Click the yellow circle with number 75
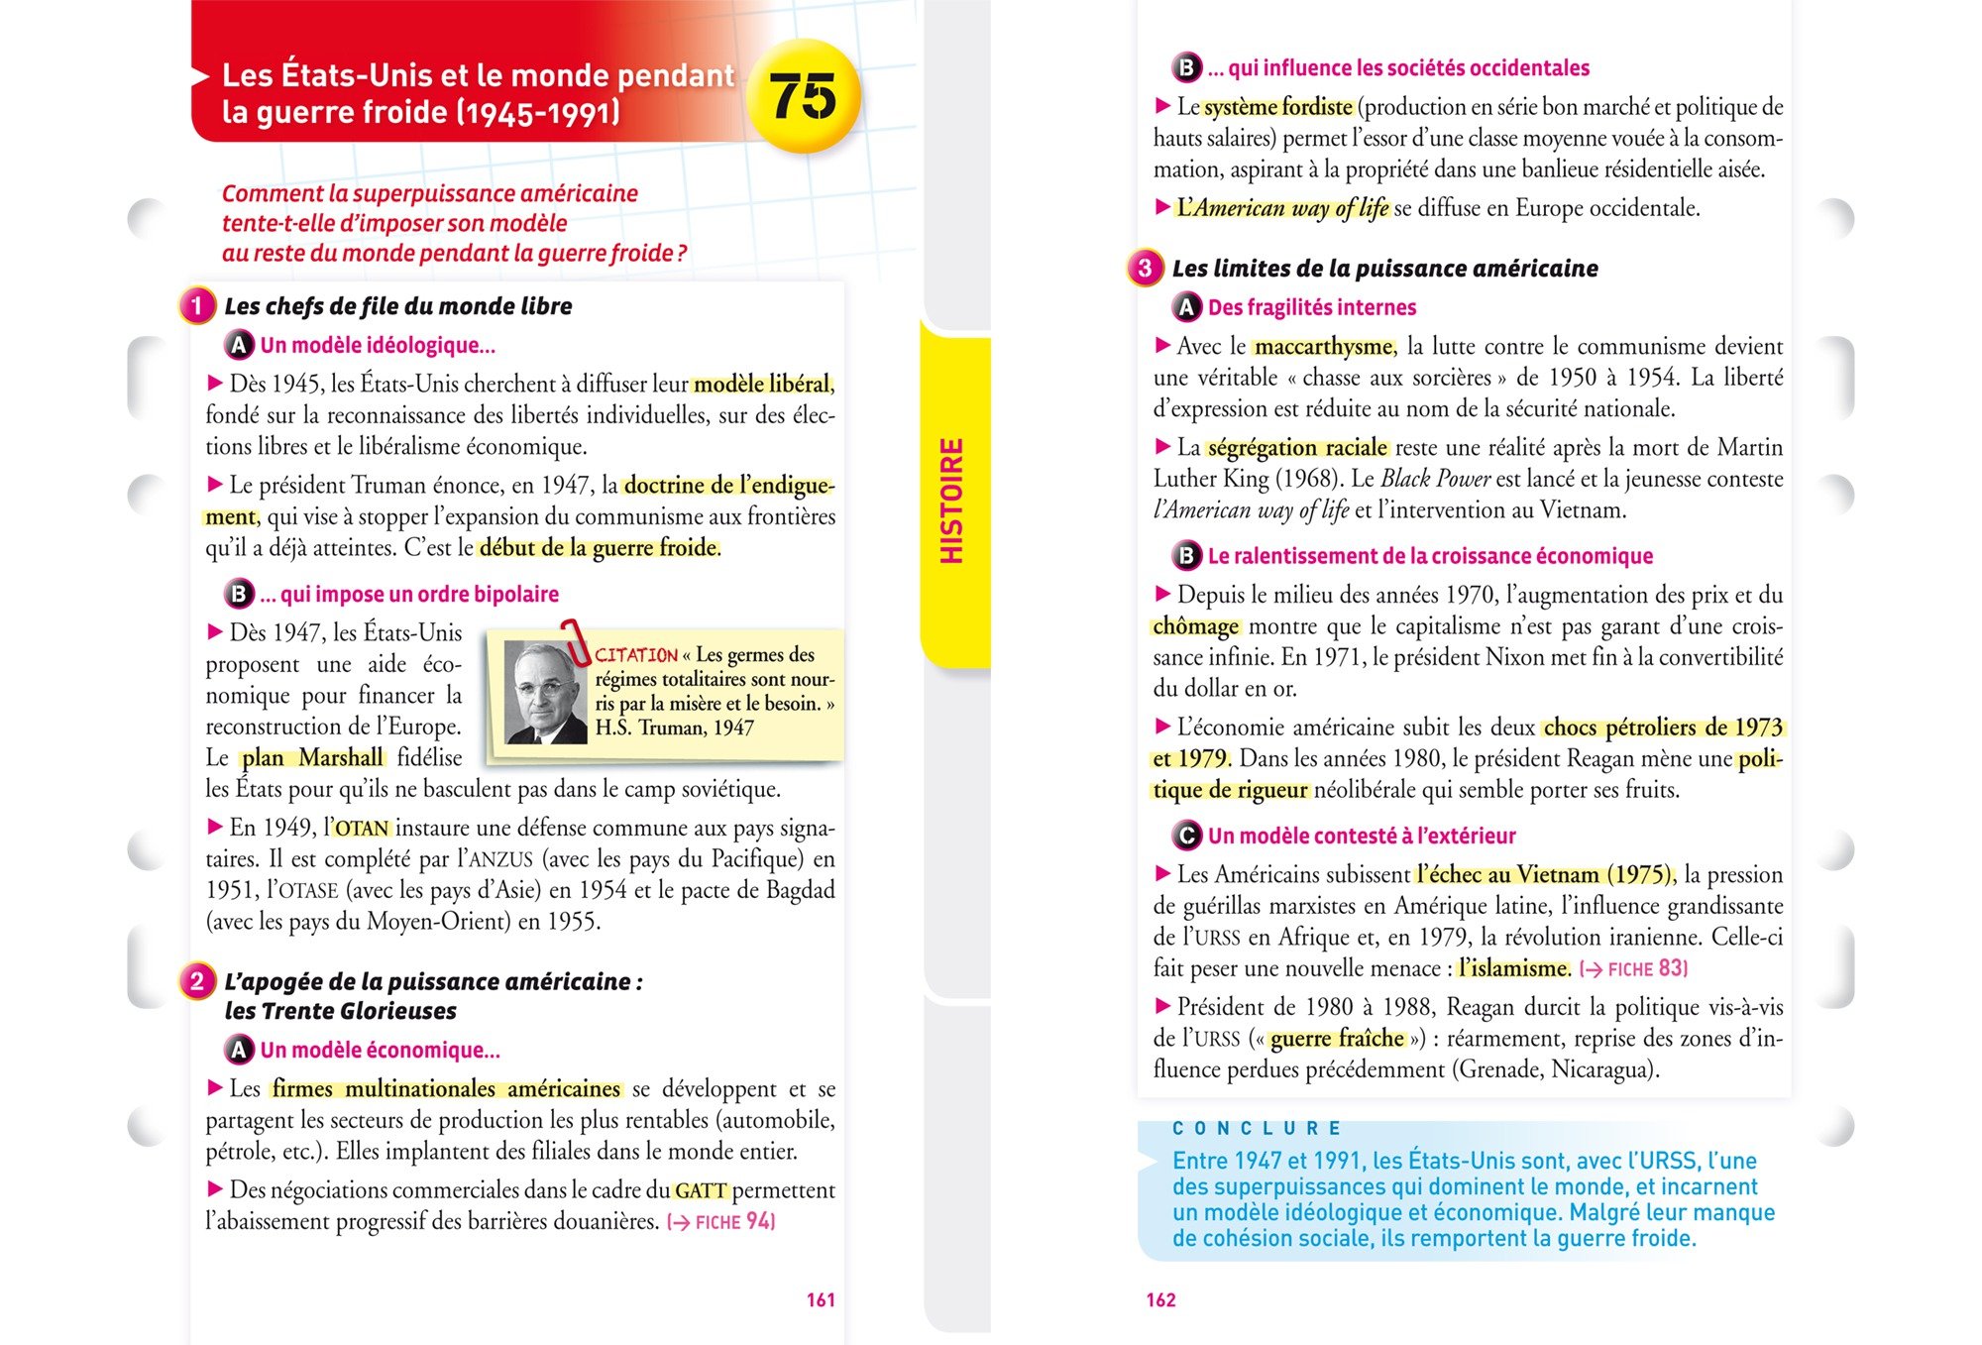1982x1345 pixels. [x=803, y=96]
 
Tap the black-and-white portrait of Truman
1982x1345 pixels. [x=545, y=692]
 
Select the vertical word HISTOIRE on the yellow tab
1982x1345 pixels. [x=951, y=502]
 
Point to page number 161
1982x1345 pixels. [x=821, y=1299]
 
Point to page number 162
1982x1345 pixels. [x=1160, y=1299]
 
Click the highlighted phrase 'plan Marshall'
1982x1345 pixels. [x=312, y=758]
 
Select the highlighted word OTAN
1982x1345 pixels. [x=362, y=829]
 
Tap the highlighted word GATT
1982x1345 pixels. [x=701, y=1190]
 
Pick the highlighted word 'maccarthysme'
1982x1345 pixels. [x=1324, y=347]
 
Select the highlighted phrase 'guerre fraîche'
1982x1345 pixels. [x=1337, y=1039]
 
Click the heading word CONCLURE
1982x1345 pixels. [x=1256, y=1128]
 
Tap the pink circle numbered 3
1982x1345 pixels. [x=1145, y=268]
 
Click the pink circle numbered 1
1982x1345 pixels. [x=197, y=305]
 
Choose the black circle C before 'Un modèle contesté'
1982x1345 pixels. [x=1186, y=836]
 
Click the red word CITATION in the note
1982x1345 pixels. [x=636, y=655]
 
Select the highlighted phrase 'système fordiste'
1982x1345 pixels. [x=1278, y=107]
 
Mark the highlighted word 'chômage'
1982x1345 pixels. [x=1196, y=626]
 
